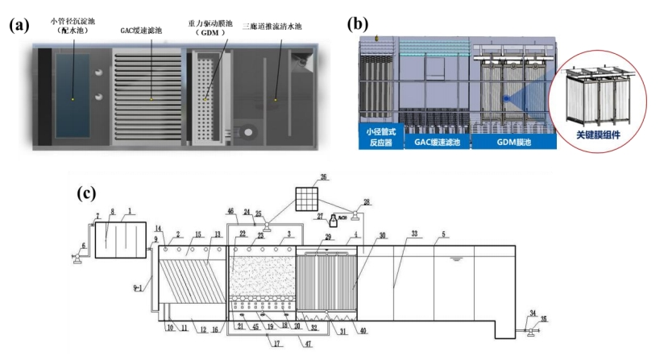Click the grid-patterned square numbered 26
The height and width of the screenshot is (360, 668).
308,198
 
